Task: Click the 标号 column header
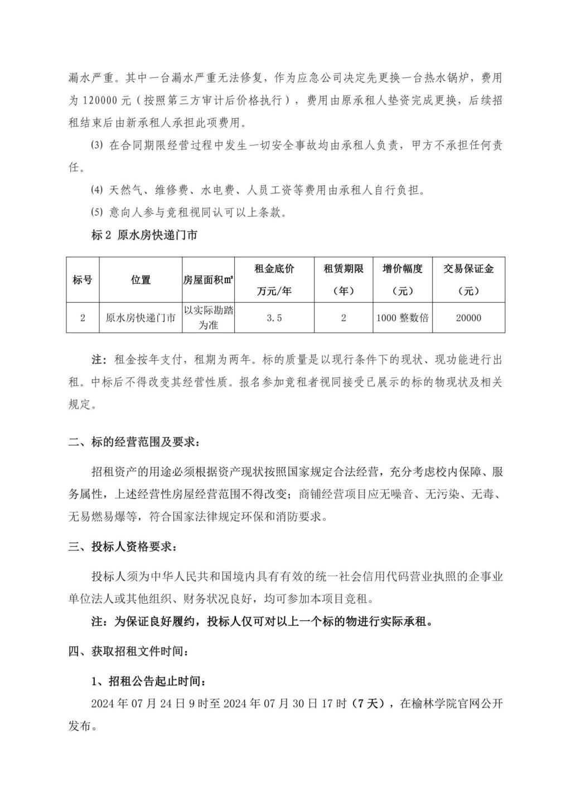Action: (83, 280)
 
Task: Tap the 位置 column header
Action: (141, 280)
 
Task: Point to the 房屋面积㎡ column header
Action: (208, 280)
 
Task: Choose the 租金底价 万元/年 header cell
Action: (274, 280)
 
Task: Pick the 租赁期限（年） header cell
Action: (343, 280)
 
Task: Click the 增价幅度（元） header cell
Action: (402, 280)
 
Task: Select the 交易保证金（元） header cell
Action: (468, 280)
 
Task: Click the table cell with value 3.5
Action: (274, 318)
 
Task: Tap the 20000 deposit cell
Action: (468, 318)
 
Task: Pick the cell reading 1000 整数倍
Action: (402, 318)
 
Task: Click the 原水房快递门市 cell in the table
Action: (141, 318)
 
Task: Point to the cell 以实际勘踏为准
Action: (208, 318)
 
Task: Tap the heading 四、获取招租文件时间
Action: (129, 651)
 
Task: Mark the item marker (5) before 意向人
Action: (97, 212)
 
